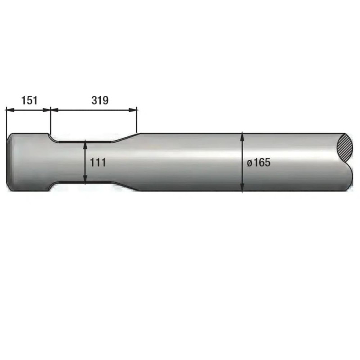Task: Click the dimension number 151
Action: coord(29,100)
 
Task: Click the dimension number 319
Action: coord(100,100)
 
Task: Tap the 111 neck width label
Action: coord(98,163)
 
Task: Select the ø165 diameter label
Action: coord(258,162)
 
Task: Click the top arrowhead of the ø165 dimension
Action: coord(243,136)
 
